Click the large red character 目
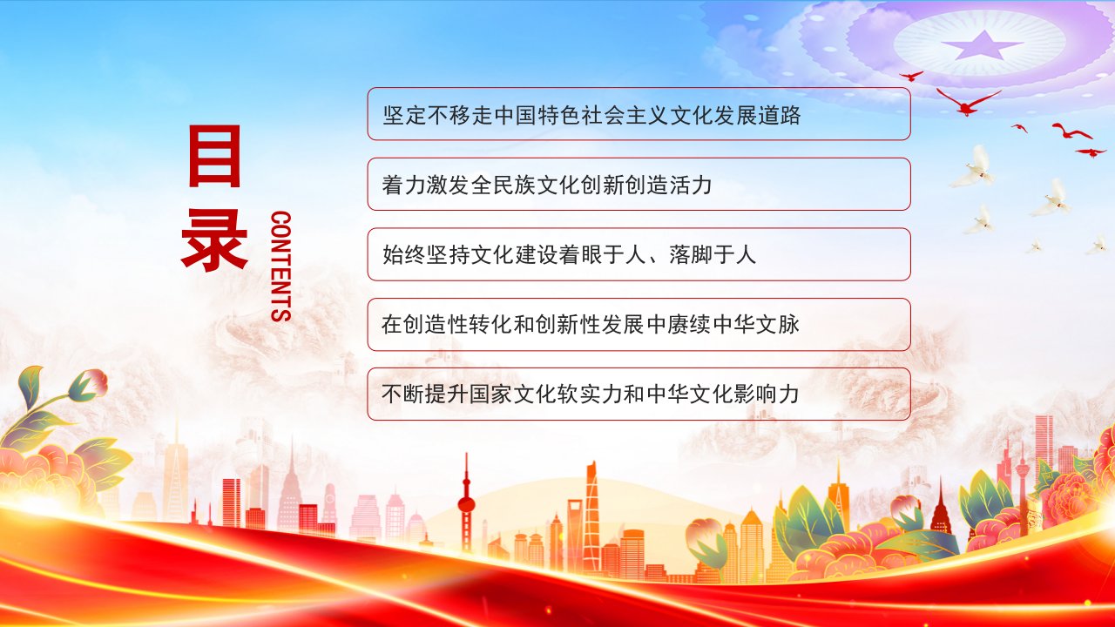(214, 155)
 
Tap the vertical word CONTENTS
(281, 266)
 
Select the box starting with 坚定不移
(639, 113)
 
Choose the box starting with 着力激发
(639, 184)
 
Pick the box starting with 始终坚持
(639, 254)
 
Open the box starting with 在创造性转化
(639, 325)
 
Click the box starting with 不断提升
(639, 394)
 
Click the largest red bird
(968, 102)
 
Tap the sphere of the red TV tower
(466, 504)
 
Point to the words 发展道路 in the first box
(757, 116)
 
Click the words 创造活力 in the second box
(668, 185)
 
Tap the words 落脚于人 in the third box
(713, 255)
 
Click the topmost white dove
(976, 165)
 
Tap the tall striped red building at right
(1044, 443)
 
